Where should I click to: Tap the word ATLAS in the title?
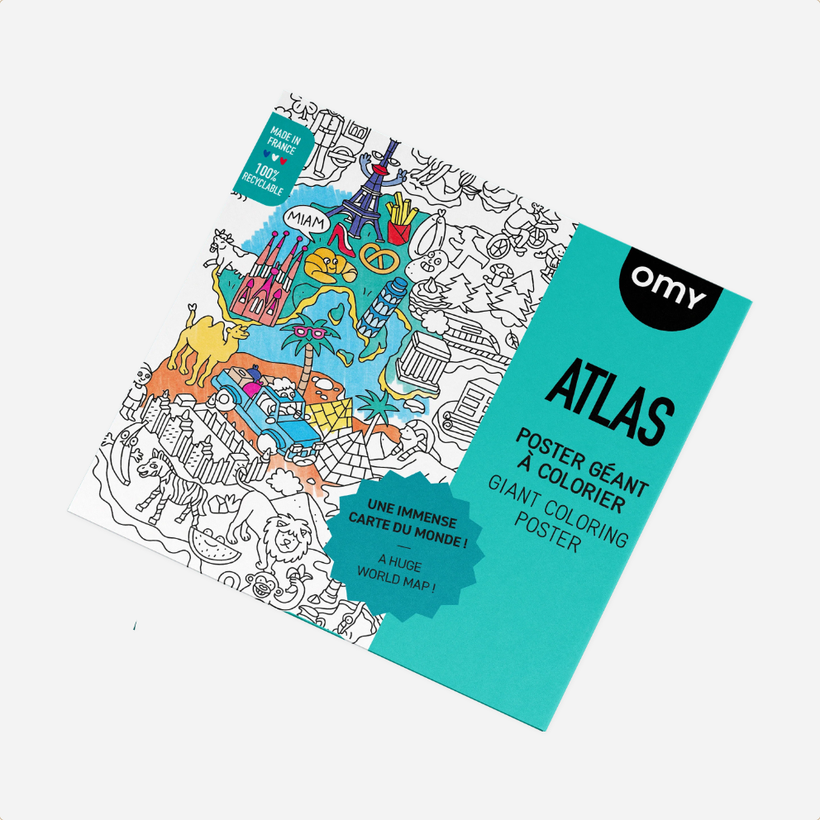[608, 402]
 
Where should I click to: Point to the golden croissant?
[327, 266]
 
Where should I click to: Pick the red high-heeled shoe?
[339, 241]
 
